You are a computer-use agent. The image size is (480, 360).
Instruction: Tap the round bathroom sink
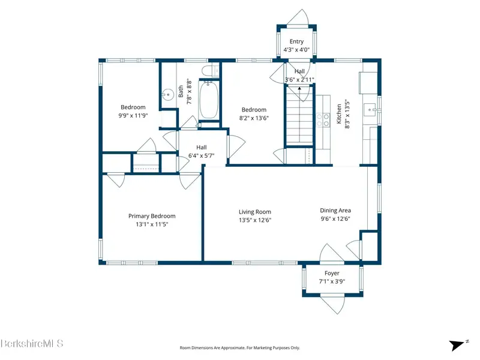click(x=168, y=95)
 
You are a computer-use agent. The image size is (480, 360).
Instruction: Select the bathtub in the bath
click(x=209, y=100)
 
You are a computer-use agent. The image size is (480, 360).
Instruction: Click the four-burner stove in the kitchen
click(x=323, y=119)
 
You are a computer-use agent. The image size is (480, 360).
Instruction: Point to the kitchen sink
click(x=371, y=110)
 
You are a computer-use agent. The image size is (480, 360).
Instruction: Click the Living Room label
click(x=254, y=212)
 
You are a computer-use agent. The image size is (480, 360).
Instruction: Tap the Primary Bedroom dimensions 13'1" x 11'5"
click(x=152, y=224)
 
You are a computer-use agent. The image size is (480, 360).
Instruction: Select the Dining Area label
click(x=335, y=211)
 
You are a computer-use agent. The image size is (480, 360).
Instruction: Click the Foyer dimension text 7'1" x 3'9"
click(x=332, y=281)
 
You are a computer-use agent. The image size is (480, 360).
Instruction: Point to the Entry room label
click(x=296, y=41)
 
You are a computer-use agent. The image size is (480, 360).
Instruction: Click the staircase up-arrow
click(x=299, y=88)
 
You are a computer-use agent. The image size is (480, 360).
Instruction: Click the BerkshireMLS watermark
click(x=32, y=343)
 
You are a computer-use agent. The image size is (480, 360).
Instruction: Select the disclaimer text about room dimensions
click(x=239, y=348)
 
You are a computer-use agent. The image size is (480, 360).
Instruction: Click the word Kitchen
click(x=339, y=114)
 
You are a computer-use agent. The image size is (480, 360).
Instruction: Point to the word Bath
click(x=181, y=92)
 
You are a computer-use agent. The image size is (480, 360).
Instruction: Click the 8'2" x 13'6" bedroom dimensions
click(x=254, y=118)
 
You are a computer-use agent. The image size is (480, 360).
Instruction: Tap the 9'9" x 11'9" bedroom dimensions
click(x=133, y=116)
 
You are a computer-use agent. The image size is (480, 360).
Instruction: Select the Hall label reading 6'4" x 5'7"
click(x=201, y=152)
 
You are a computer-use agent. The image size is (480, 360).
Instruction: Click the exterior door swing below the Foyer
click(x=333, y=303)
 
